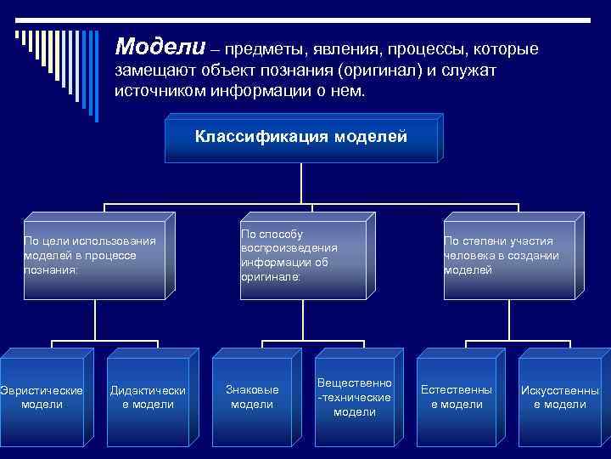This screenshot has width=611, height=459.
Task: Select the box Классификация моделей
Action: pos(301,137)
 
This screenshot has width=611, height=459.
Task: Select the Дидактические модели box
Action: pos(148,397)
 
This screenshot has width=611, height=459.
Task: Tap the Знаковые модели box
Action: pos(252,397)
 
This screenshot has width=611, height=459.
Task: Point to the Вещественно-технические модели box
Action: pos(354,397)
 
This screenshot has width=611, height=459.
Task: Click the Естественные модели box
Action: pos(457,397)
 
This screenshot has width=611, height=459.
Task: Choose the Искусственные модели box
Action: pos(559,397)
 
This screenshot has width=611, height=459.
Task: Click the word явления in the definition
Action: pos(345,49)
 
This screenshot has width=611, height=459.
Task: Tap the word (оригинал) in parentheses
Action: pos(376,71)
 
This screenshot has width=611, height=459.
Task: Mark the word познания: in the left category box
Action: pos(51,269)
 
